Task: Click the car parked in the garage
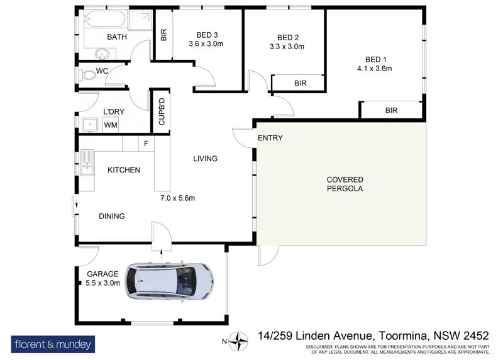coord(169,280)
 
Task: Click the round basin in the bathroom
coord(102,54)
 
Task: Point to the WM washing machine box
coord(111,125)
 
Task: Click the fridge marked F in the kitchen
coord(146,144)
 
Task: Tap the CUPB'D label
coord(161,111)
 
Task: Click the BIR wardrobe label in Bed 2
coord(300,83)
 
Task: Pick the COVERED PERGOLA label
coord(345,184)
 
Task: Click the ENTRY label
coord(270,138)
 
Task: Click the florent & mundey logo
coord(53,344)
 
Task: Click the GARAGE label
coord(102,274)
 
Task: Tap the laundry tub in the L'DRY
coord(88,125)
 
